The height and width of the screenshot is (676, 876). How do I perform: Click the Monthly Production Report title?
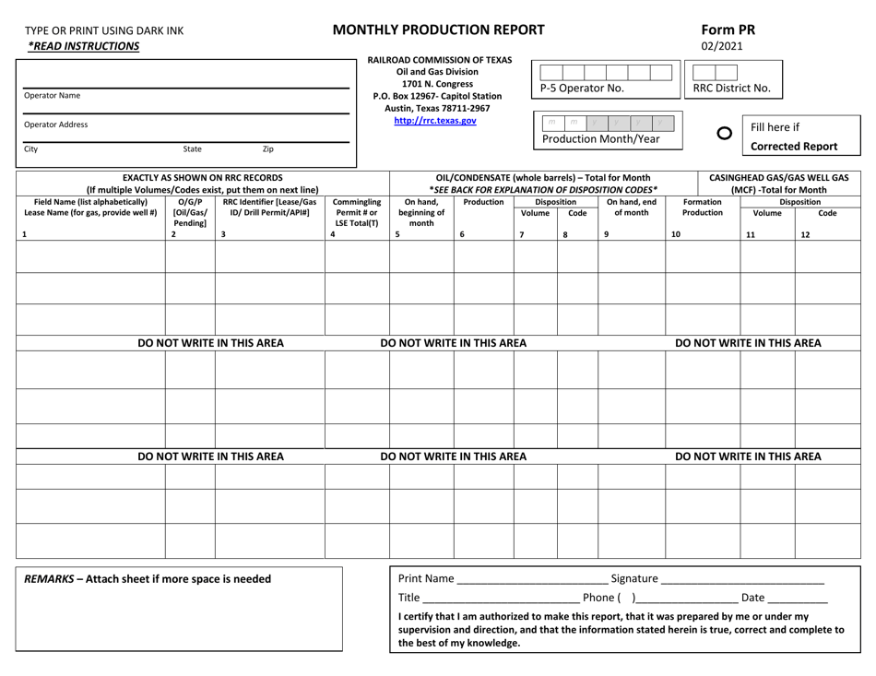click(436, 29)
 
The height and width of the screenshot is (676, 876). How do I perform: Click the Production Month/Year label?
click(600, 138)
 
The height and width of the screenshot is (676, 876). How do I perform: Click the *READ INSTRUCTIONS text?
click(83, 46)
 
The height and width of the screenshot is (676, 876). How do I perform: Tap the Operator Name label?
click(52, 95)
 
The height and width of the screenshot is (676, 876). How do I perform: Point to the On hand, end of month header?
click(631, 207)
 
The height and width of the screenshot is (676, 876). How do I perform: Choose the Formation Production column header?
click(703, 207)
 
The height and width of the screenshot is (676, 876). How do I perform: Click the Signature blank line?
click(742, 580)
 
